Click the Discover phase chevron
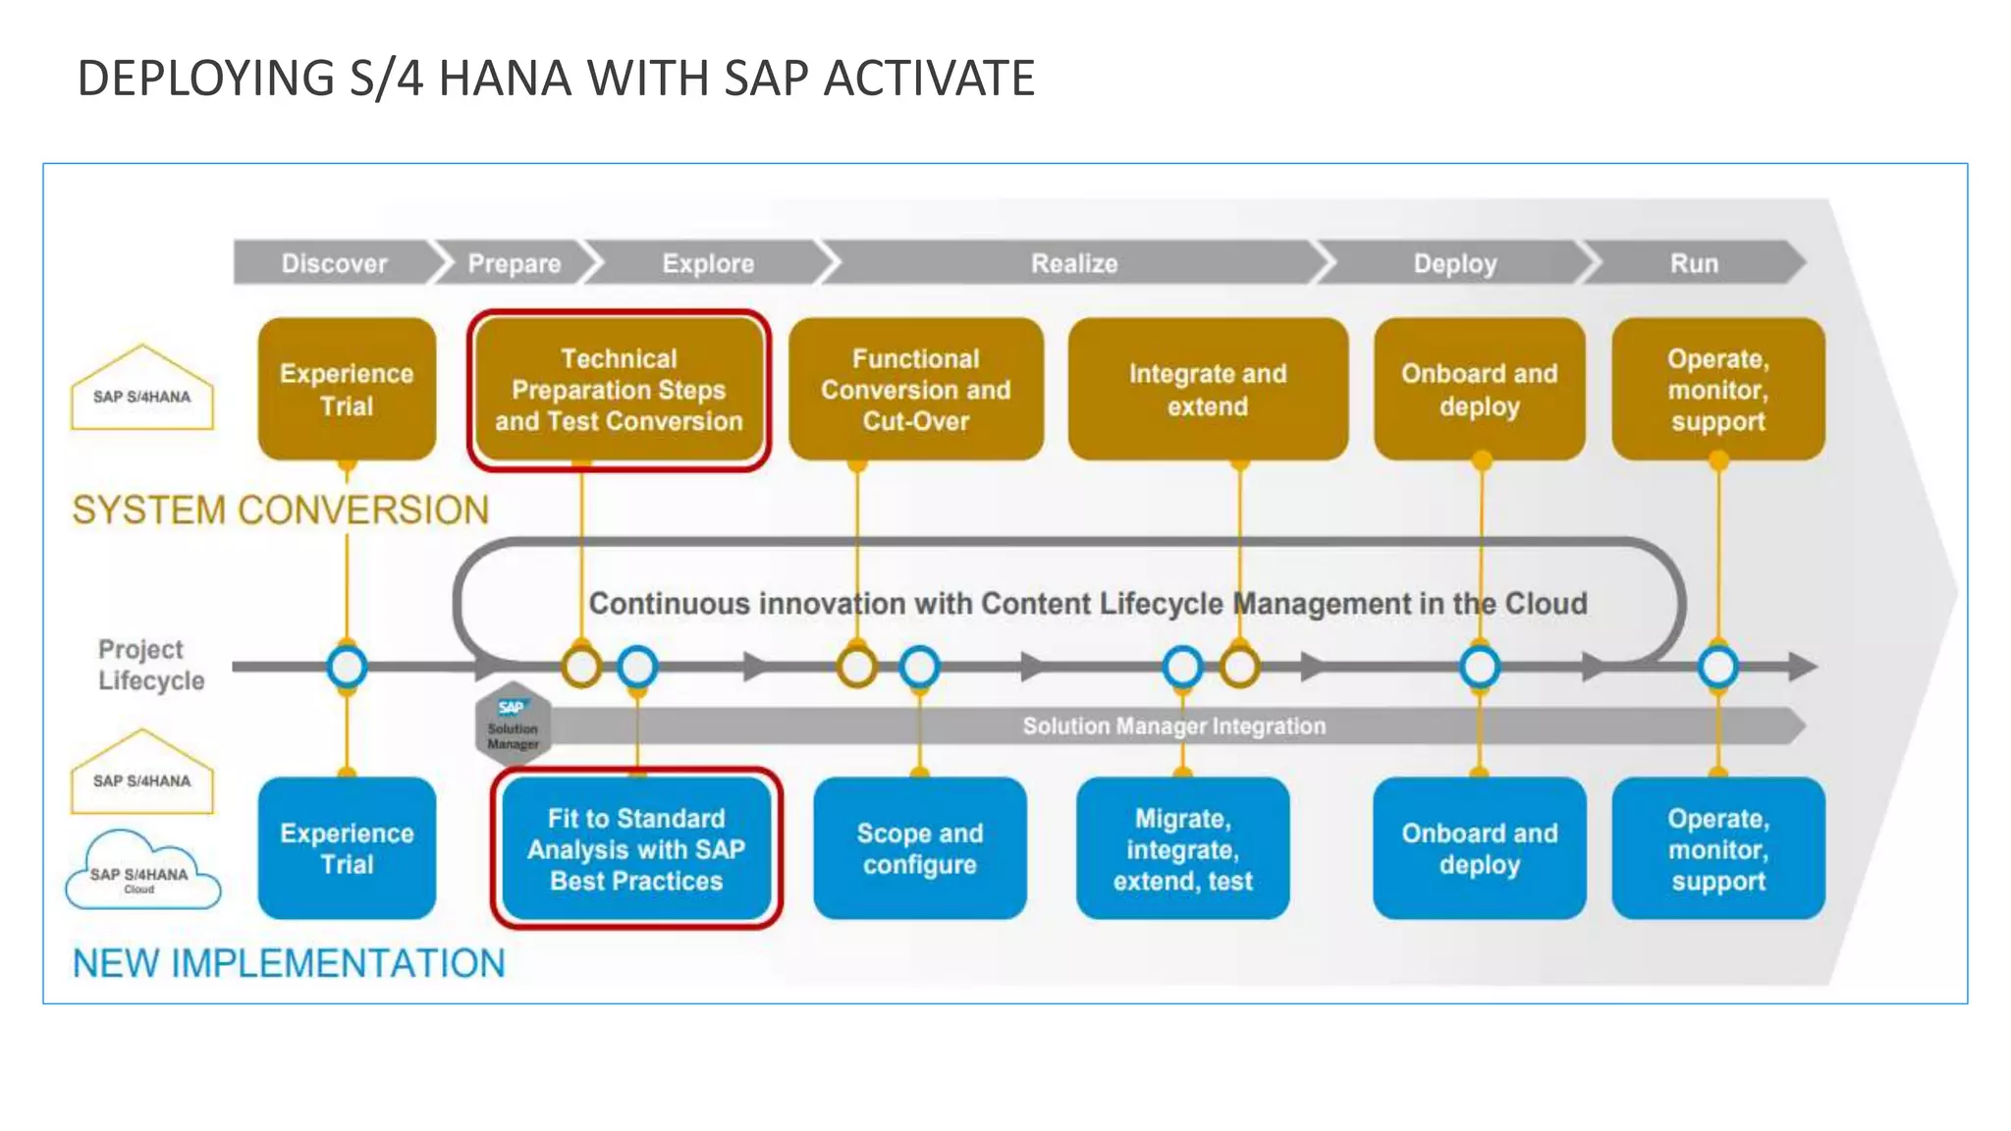334,263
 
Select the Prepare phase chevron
514,263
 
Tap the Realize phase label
1073,263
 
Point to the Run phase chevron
1694,263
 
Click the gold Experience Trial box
347,389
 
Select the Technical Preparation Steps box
619,390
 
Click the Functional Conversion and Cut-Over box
915,390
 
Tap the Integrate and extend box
1207,390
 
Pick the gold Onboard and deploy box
1479,390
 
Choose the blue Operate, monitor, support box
1717,849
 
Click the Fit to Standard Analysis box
636,849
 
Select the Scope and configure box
919,849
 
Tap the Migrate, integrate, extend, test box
1182,849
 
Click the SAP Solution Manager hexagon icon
513,725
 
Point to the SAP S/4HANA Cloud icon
142,872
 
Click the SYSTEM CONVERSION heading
280,511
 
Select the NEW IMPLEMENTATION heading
289,964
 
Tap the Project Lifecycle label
150,665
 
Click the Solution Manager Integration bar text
1173,727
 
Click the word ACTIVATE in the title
928,79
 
